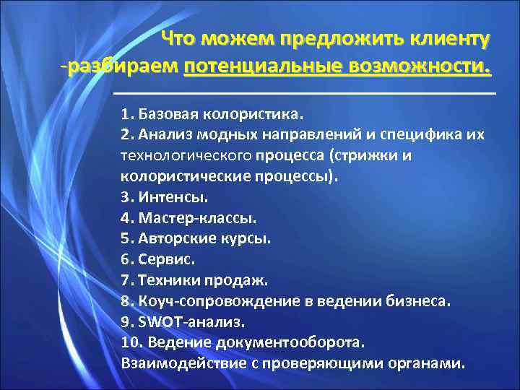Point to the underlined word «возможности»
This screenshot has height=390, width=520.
click(420, 67)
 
